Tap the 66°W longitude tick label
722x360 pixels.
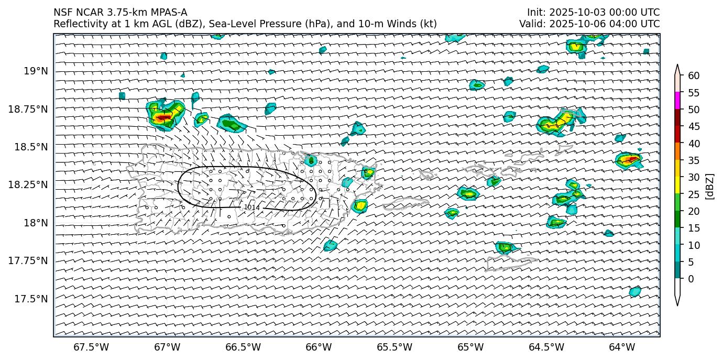319,347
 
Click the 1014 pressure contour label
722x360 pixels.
251,208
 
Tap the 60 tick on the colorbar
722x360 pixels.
694,76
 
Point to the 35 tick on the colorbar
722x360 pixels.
694,160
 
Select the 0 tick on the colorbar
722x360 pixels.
691,279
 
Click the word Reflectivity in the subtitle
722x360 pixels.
76,24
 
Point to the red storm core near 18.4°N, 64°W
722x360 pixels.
631,159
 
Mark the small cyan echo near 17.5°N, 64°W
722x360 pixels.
635,291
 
